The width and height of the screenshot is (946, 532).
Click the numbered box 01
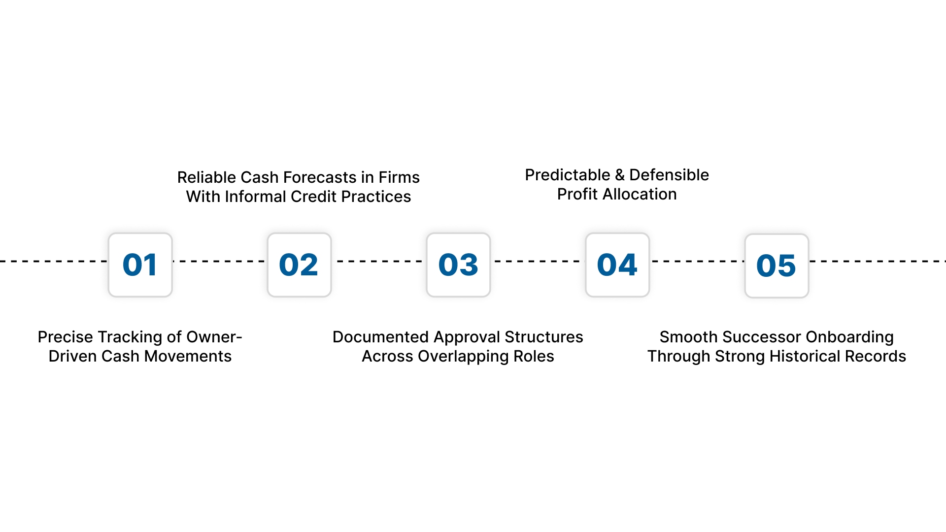pos(140,265)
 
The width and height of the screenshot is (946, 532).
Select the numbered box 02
pos(299,265)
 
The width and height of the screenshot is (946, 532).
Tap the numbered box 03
pos(458,265)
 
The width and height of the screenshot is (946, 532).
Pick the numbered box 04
pos(617,265)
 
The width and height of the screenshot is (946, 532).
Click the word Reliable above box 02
pos(206,177)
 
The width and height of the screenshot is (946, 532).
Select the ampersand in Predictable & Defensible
pos(620,175)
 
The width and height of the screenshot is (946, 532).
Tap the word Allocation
pos(640,194)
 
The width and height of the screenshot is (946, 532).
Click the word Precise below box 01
pos(66,337)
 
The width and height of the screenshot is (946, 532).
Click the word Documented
pos(380,337)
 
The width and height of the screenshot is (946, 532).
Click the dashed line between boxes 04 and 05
pos(697,261)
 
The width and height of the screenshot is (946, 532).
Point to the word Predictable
pos(568,175)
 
